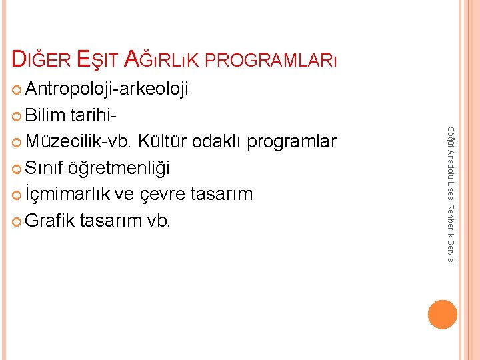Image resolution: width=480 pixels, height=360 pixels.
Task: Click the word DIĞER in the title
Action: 41,59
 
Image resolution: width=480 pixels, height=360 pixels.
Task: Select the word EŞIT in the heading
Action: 100,59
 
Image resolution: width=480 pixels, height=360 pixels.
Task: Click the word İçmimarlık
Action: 68,194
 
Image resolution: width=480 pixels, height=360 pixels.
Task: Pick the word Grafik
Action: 51,220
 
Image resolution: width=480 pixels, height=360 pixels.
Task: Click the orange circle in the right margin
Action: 443,315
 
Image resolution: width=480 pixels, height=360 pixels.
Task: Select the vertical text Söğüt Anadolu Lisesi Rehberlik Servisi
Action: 451,194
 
